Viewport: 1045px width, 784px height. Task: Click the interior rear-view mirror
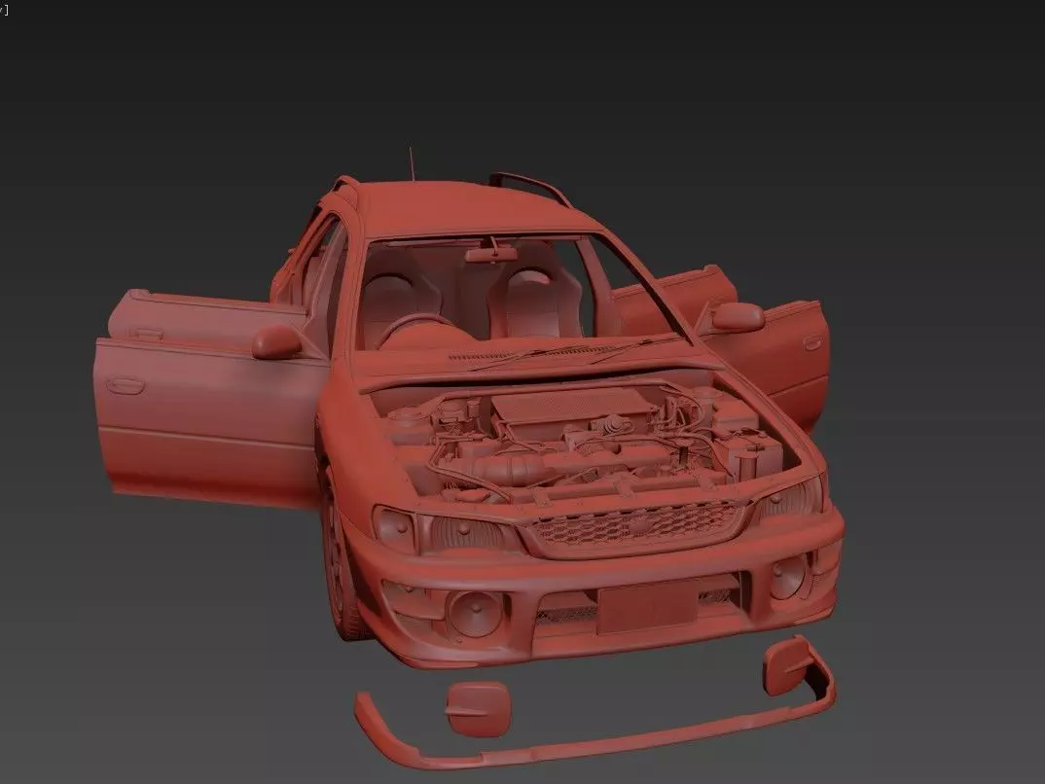click(490, 254)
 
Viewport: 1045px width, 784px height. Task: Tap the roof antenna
click(411, 163)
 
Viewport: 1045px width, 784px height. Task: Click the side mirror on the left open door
click(277, 340)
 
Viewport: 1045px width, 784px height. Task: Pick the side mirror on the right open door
click(737, 316)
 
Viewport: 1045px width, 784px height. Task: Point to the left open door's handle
click(125, 385)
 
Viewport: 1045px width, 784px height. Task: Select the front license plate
click(646, 607)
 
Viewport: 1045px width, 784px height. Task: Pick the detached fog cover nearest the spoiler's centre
click(478, 706)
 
